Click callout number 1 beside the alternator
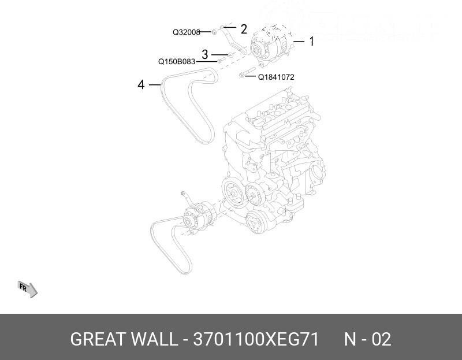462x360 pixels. point(311,41)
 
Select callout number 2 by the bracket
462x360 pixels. point(243,29)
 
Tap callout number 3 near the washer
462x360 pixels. point(204,55)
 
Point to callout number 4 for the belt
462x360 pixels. point(141,85)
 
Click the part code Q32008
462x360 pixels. point(186,33)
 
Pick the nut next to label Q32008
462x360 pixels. point(214,32)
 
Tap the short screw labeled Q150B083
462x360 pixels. point(220,60)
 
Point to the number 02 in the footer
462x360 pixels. point(381,339)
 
